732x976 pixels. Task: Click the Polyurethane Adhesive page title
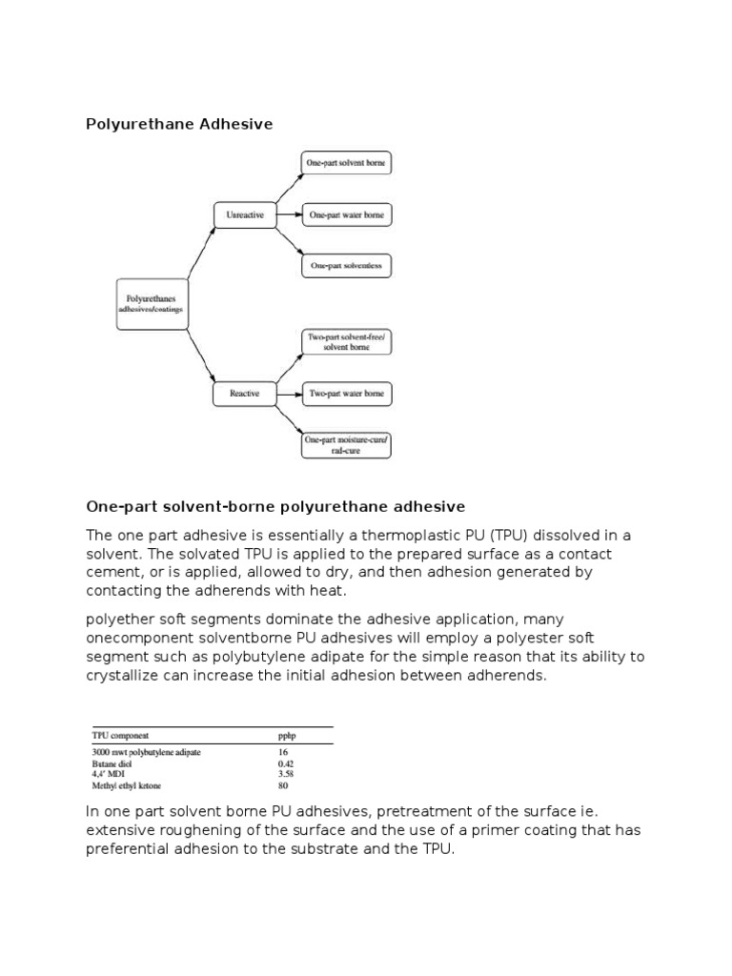click(180, 124)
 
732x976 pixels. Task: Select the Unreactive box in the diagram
click(244, 214)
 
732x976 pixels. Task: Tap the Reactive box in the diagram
click(244, 393)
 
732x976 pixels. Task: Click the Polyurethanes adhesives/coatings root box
click(152, 304)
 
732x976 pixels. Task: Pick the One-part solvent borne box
click(346, 163)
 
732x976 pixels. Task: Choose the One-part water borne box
click(346, 214)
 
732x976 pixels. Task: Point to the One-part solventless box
click(346, 266)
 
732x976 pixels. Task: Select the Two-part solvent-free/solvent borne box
click(346, 342)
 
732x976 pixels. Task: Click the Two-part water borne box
click(346, 393)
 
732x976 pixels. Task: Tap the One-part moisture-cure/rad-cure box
click(346, 444)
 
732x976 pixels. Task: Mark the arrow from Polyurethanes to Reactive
click(201, 353)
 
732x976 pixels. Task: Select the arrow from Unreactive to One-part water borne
click(288, 214)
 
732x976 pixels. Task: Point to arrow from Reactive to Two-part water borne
click(288, 393)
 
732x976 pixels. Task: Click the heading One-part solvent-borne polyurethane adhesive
click(275, 505)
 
